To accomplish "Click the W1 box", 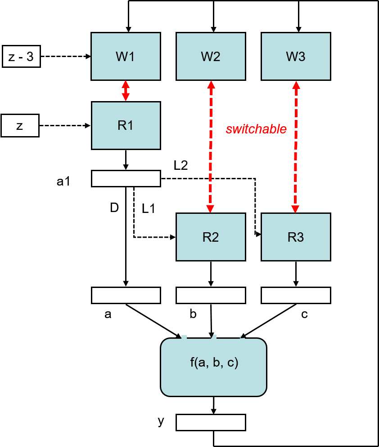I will click(126, 56).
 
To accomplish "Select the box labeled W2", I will click(211, 56).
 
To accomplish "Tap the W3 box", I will click(296, 56).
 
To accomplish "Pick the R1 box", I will click(126, 125).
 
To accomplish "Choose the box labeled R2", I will click(211, 237).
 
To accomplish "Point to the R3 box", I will click(296, 237).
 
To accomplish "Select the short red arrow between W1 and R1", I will click(126, 91).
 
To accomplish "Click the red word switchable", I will click(256, 129).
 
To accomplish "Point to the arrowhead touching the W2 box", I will click(211, 84).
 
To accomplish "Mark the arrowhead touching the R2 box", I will click(210, 209).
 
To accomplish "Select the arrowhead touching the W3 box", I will click(296, 84).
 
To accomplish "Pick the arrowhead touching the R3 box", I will click(295, 209).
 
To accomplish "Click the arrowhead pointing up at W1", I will click(126, 84).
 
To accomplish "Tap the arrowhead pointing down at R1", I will click(126, 97).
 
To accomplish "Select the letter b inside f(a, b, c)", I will click(217, 362).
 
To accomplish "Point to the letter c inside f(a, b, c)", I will click(230, 363).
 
